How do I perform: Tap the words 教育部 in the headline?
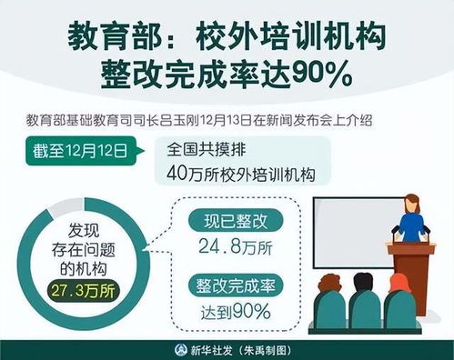106,37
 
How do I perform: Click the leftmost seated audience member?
328,305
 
